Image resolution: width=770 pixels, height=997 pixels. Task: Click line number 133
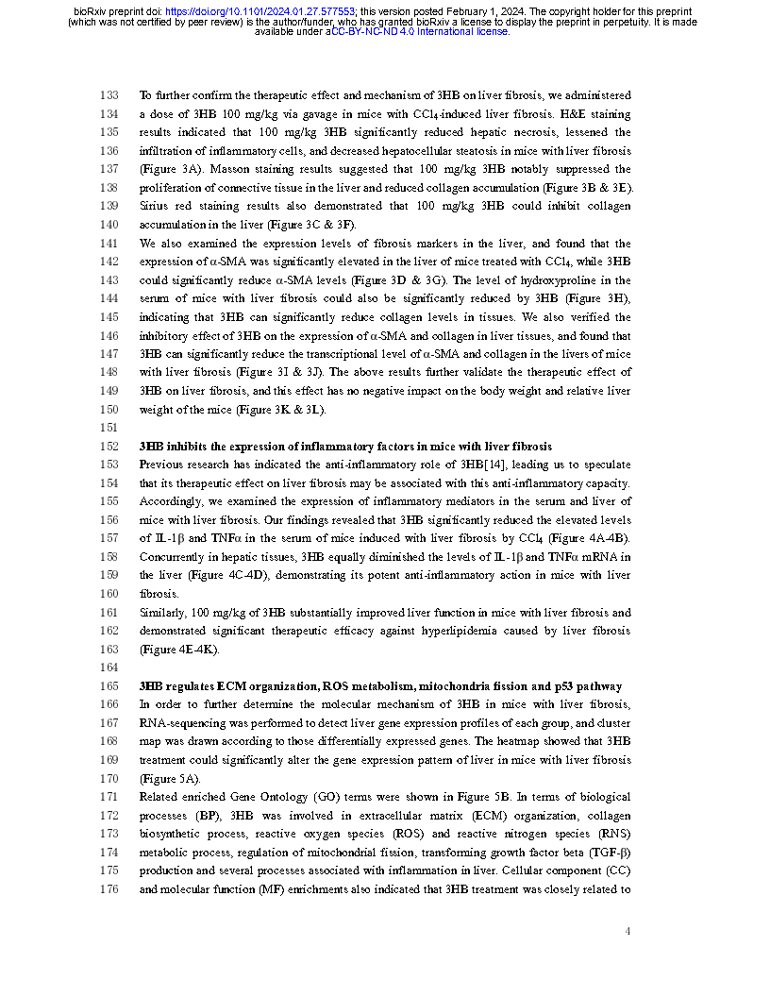109,95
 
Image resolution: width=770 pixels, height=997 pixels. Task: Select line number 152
109,446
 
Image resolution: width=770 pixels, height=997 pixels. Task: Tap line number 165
109,685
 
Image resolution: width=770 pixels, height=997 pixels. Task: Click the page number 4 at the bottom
628,932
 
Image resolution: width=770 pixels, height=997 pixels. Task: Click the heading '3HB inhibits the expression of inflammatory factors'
345,446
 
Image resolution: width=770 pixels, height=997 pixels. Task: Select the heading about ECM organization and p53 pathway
379,685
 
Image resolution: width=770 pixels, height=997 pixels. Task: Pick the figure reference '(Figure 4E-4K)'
178,649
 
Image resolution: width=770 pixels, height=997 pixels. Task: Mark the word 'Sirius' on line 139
155,206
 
